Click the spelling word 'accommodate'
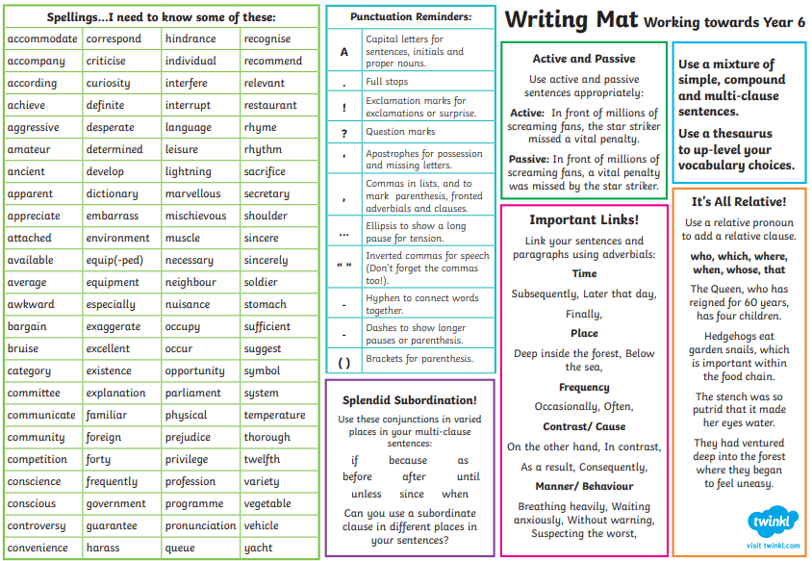(42, 39)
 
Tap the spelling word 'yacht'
(258, 548)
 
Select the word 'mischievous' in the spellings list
(195, 217)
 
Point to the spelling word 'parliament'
(192, 394)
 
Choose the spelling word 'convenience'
(38, 548)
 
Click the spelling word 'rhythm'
(263, 150)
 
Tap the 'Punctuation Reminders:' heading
(411, 17)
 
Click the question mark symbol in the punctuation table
(343, 133)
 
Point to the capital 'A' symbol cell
(343, 52)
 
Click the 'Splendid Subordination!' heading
(410, 400)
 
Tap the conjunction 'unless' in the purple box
(366, 495)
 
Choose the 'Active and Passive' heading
(584, 59)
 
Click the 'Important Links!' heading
(584, 220)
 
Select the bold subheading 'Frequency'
(584, 388)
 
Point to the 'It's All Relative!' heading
(739, 202)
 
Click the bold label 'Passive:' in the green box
(528, 160)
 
